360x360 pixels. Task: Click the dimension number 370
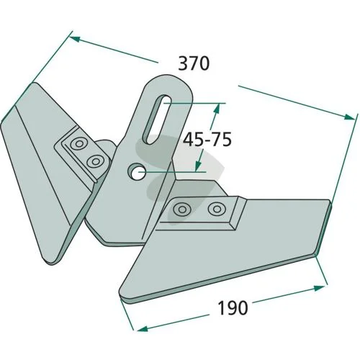194,63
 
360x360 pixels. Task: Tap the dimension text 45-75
207,140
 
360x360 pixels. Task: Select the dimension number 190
233,308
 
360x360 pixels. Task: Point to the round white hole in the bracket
138,172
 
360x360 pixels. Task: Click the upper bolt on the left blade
78,144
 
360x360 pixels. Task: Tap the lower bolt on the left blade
95,161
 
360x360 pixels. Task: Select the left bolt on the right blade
182,210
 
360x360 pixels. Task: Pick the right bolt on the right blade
217,209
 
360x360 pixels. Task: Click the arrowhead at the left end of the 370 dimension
75,39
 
